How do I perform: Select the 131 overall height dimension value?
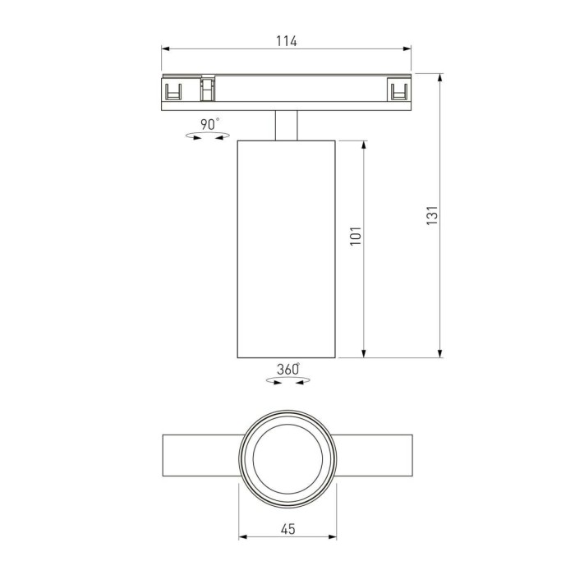(433, 215)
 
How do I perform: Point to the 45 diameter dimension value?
(287, 530)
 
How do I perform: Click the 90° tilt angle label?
(209, 124)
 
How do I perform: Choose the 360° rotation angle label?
(287, 369)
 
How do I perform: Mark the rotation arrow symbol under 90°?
(208, 138)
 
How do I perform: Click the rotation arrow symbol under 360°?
(287, 381)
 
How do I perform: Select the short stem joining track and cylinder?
(286, 124)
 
